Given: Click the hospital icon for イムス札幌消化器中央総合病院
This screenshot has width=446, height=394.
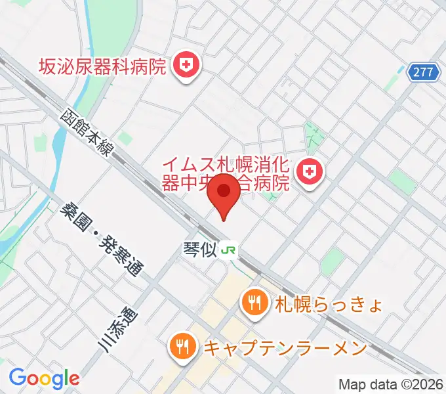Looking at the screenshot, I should pos(308,172).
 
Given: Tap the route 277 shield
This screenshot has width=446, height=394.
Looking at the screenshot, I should pos(424,72).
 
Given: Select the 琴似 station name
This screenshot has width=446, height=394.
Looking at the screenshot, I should pos(199,250).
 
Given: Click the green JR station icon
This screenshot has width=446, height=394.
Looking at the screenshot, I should pos(229,250).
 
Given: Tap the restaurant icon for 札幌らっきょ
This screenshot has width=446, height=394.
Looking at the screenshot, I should pos(253,303).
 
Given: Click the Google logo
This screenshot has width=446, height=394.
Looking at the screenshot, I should pos(44,378).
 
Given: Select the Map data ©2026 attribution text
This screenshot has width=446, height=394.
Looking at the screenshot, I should pos(390,385).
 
